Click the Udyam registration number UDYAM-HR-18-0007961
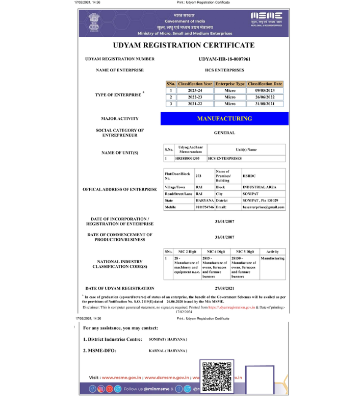point(224,59)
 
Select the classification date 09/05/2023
point(265,90)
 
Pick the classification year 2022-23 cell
point(195,97)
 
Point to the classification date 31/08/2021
point(265,104)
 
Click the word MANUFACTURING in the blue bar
point(224,119)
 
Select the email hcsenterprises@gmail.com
point(263,208)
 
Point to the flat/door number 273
point(198,176)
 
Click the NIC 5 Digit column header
point(245,252)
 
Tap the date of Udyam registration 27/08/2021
point(224,288)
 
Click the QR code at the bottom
point(217,376)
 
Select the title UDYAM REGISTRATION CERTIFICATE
point(184,45)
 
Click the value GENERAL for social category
point(224,133)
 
